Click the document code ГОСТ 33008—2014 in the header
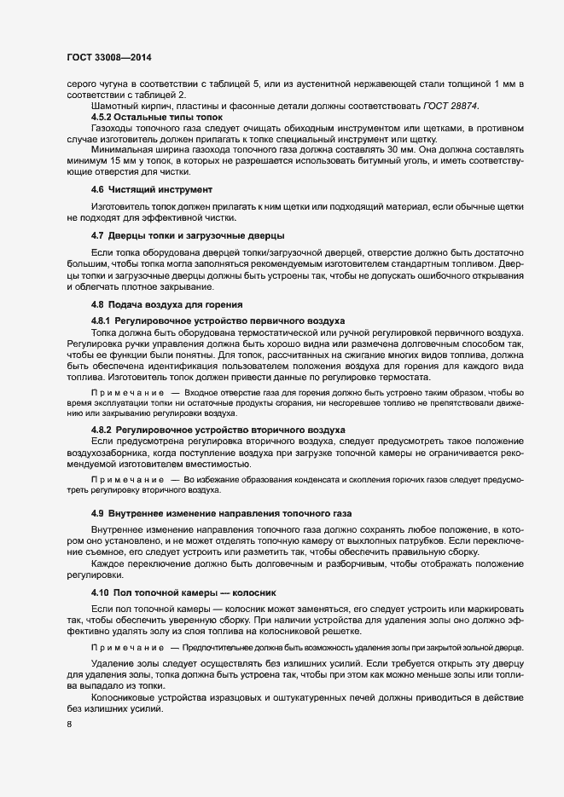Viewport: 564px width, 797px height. click(x=108, y=57)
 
